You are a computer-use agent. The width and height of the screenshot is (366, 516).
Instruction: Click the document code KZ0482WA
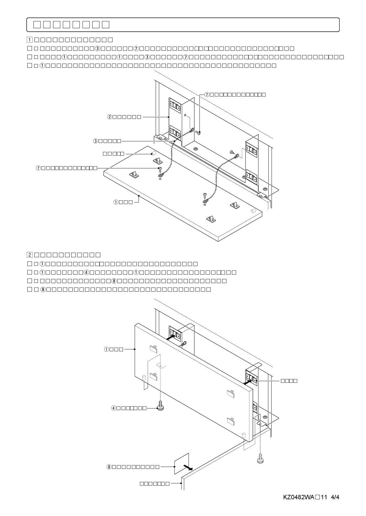tap(299, 497)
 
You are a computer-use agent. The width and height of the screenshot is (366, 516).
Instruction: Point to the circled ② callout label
tap(109, 117)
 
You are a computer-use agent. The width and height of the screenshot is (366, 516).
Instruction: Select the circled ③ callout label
tap(96, 141)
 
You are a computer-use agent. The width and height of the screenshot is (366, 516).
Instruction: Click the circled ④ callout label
tap(114, 408)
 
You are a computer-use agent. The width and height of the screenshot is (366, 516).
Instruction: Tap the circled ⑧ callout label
tap(109, 467)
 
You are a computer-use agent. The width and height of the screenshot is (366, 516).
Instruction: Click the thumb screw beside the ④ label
tap(160, 408)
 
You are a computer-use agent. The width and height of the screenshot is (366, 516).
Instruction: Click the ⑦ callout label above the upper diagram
tap(207, 94)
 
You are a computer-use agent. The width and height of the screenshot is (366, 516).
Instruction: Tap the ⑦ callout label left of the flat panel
tap(38, 168)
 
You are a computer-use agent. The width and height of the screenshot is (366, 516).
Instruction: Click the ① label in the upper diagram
tap(116, 202)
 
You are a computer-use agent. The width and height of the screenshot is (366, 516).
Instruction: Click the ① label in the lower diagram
tap(107, 349)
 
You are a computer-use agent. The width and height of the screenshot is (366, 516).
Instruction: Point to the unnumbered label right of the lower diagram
tap(289, 381)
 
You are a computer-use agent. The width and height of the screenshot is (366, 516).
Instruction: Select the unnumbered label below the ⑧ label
tap(154, 483)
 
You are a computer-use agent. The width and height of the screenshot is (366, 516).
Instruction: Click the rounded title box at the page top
tap(183, 25)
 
